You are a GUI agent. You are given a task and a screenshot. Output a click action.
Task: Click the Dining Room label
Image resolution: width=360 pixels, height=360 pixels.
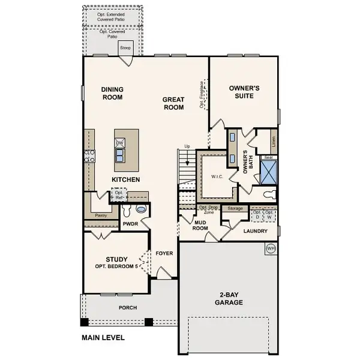point(112,93)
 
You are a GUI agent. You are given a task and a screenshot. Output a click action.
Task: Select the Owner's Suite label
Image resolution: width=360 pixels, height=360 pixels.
point(244,91)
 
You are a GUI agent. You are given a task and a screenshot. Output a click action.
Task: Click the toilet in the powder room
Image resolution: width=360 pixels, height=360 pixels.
point(142,209)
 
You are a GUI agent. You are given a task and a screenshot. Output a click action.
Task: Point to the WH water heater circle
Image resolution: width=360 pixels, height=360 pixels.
point(271,247)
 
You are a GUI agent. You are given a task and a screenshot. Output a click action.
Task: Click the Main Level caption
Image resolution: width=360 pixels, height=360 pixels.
point(103,338)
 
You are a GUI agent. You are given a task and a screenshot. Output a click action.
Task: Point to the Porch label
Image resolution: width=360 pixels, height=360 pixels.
point(127,308)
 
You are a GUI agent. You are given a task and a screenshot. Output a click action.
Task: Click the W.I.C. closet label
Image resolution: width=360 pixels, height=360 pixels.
point(217,176)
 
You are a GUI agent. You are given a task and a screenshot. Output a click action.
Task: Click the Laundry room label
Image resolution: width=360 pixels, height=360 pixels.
point(254,230)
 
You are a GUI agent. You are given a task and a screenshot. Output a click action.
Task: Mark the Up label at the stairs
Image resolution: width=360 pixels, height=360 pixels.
point(187,146)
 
